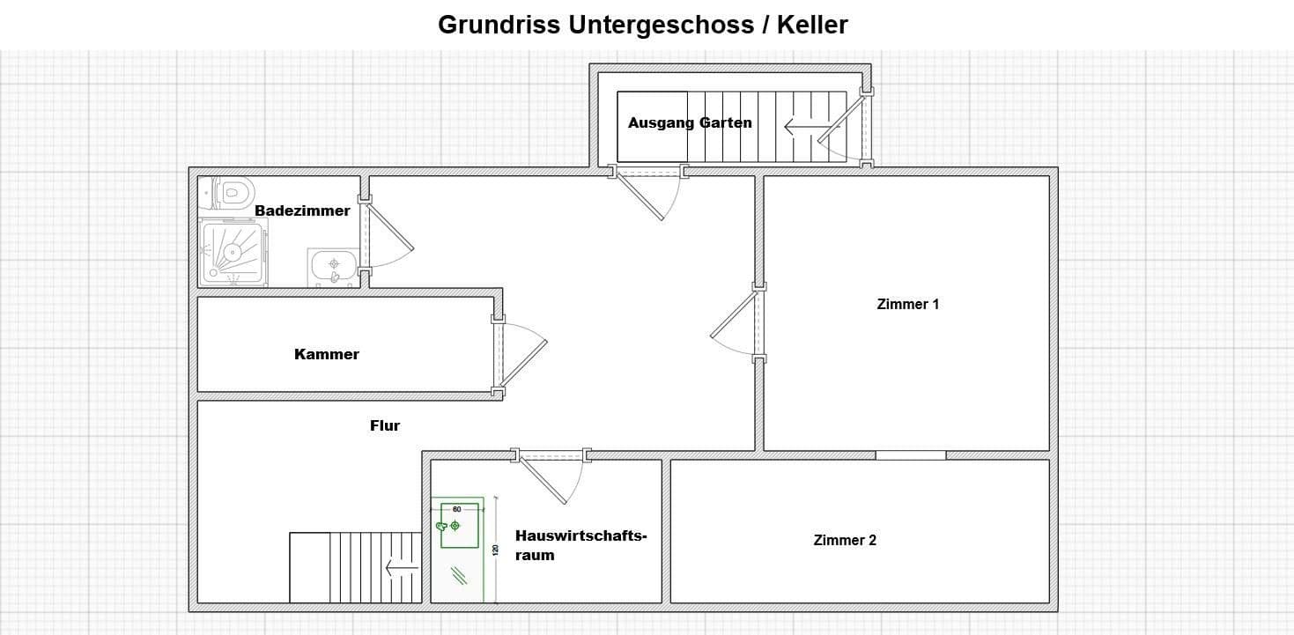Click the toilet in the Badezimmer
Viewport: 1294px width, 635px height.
(x=232, y=191)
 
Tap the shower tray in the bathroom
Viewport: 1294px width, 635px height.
(x=233, y=252)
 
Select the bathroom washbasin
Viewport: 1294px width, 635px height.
(x=333, y=265)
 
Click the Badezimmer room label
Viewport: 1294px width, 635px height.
(x=302, y=210)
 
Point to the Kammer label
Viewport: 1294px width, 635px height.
(x=326, y=354)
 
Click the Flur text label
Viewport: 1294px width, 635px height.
(x=385, y=425)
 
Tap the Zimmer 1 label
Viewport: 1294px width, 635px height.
(x=908, y=304)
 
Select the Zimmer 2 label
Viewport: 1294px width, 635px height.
(x=845, y=540)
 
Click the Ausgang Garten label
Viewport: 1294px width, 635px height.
(x=690, y=122)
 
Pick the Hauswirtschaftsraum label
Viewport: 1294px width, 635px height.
(x=580, y=544)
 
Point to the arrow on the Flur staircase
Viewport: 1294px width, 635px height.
(x=402, y=568)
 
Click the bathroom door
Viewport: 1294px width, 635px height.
(x=388, y=233)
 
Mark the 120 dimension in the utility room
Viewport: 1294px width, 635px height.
(x=495, y=550)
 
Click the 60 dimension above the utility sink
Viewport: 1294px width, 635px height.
(x=456, y=509)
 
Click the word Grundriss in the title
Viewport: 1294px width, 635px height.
(x=499, y=25)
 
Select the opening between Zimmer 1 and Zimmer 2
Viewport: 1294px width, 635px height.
(x=910, y=455)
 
